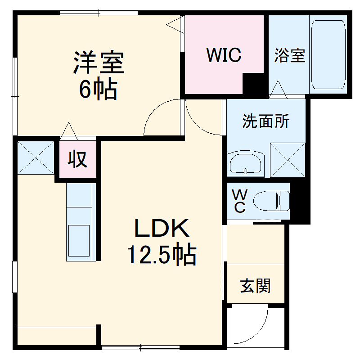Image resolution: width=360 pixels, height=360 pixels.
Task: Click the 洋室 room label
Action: click(x=99, y=63)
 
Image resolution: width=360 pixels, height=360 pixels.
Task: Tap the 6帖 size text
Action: click(x=99, y=89)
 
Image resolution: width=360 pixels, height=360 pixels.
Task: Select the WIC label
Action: click(x=224, y=55)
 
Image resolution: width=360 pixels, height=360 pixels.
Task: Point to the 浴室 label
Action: click(x=290, y=55)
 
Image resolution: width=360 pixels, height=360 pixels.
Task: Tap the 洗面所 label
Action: click(x=265, y=121)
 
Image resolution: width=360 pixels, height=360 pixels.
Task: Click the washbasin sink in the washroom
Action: click(x=246, y=163)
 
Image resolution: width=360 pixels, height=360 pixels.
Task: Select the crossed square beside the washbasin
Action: click(x=288, y=159)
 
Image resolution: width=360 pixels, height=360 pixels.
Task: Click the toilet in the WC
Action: click(x=271, y=201)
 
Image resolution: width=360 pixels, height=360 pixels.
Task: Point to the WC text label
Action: click(x=239, y=201)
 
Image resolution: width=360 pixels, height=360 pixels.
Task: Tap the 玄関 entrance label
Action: click(x=255, y=285)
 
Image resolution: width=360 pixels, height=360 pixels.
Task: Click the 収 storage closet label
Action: click(x=78, y=159)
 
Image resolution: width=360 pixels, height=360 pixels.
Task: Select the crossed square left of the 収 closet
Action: click(x=36, y=157)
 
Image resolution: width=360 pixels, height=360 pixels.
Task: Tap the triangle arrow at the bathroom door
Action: click(x=279, y=88)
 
